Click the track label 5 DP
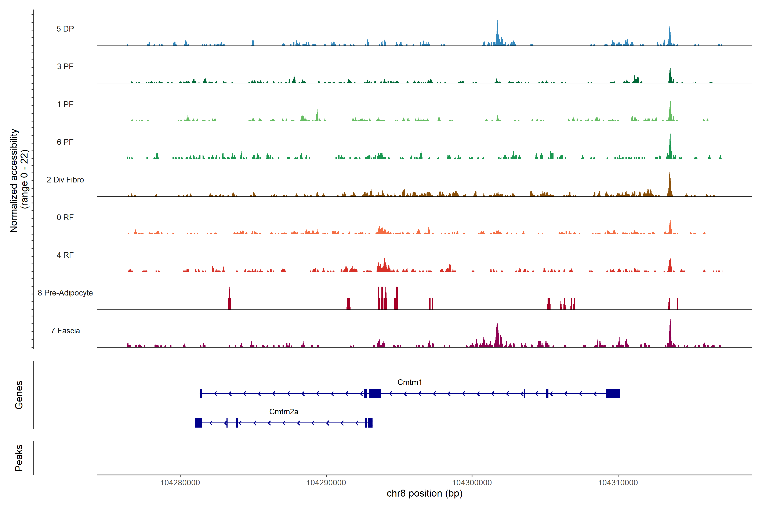(x=65, y=29)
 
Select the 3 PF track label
(x=65, y=66)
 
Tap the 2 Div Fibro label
(x=65, y=180)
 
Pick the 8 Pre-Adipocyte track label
(x=65, y=293)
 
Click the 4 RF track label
(x=65, y=255)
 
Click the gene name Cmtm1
(x=410, y=382)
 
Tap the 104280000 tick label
(x=180, y=483)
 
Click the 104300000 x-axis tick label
(x=472, y=483)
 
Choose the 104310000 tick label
(x=618, y=483)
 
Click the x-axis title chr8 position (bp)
(x=424, y=493)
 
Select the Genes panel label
(x=19, y=395)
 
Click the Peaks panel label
(x=19, y=458)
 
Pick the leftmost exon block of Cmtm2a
(x=199, y=423)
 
